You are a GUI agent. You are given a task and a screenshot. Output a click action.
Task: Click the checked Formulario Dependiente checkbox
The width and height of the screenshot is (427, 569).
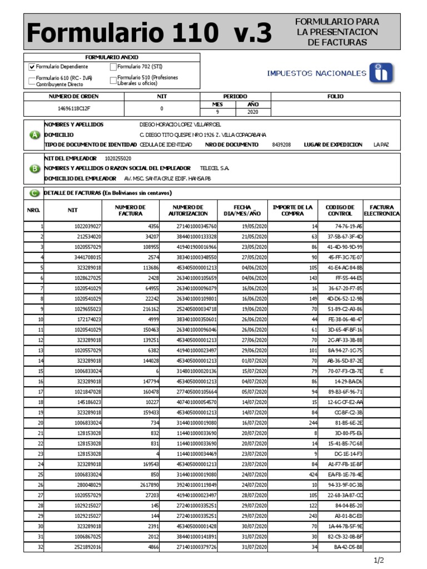pos(32,67)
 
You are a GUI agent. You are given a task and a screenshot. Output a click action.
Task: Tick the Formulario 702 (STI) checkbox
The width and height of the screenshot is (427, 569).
pos(113,67)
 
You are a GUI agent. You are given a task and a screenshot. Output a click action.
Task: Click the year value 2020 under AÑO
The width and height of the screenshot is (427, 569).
pos(253,112)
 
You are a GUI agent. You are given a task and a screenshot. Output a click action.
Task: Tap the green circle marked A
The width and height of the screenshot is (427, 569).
pos(34,135)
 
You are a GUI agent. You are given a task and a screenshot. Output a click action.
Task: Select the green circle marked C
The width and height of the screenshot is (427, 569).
pos(34,193)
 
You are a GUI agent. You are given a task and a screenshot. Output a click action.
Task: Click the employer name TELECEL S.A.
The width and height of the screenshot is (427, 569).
pos(214,168)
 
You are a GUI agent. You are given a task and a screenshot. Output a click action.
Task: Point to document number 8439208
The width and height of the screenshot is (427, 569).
pos(281,144)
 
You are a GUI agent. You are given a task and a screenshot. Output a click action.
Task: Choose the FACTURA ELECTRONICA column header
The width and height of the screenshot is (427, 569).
pos(381,210)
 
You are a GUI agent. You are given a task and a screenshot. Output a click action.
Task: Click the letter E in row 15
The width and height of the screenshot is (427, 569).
pos(381,371)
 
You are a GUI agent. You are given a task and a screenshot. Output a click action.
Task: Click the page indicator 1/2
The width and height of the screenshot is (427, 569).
pos(379,560)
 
